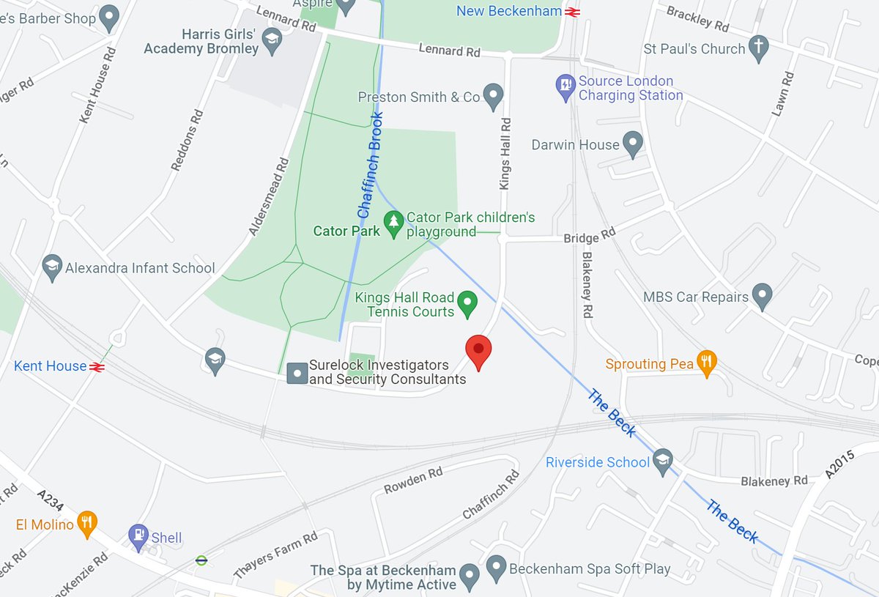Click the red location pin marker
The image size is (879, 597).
[x=478, y=351]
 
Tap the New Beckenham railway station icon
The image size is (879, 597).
[x=573, y=11]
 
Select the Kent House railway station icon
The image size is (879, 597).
[x=96, y=366]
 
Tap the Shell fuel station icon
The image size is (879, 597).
[x=137, y=536]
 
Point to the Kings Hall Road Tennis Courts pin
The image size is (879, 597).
[x=467, y=302]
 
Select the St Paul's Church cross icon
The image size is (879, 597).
[x=759, y=46]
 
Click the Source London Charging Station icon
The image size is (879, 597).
[x=565, y=86]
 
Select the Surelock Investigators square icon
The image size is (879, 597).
[x=297, y=373]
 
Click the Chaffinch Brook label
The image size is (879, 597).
[x=371, y=166]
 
